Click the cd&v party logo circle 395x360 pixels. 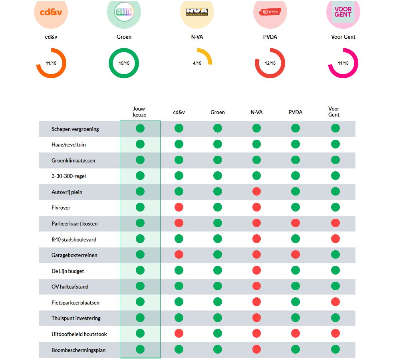tap(51, 12)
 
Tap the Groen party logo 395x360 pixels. tap(124, 12)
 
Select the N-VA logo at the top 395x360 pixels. tap(197, 12)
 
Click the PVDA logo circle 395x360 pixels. tap(270, 12)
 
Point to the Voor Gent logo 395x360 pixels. tap(343, 12)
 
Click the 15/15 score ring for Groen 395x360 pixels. tap(124, 63)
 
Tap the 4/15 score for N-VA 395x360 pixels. tap(197, 63)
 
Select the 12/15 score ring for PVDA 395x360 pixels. tap(270, 63)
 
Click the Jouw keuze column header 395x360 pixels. tap(139, 112)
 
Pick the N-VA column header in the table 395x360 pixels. tap(256, 113)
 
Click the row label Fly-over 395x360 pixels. tap(61, 208)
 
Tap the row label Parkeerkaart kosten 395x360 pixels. tap(74, 224)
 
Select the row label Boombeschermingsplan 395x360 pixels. tap(79, 350)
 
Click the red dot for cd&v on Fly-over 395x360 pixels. tap(179, 207)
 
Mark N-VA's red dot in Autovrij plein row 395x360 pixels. tap(256, 192)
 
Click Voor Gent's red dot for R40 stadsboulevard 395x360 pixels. tap(335, 239)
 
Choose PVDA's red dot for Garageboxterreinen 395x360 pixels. tap(295, 255)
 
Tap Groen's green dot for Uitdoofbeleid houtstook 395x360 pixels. tap(217, 333)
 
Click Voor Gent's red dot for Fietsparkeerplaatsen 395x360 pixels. tap(335, 302)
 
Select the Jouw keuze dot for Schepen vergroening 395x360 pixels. tap(140, 128)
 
